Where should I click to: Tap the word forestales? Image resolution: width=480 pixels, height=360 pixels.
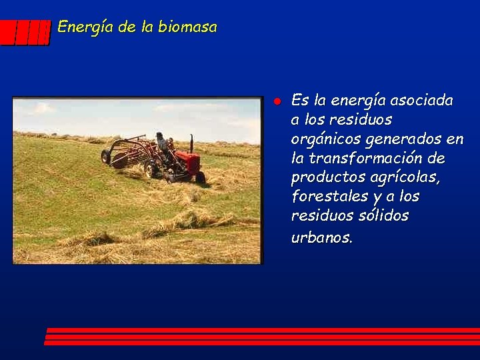point(325,197)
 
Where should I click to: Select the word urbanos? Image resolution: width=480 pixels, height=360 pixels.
point(321,237)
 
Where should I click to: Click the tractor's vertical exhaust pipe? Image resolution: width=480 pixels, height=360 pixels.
point(191,143)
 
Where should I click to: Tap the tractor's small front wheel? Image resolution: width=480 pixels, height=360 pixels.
point(199,177)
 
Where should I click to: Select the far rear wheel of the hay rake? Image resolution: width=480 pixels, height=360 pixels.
point(105,156)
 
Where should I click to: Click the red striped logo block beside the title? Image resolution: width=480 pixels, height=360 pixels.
point(25,32)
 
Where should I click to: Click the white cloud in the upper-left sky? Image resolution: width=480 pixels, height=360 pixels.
point(41,108)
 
